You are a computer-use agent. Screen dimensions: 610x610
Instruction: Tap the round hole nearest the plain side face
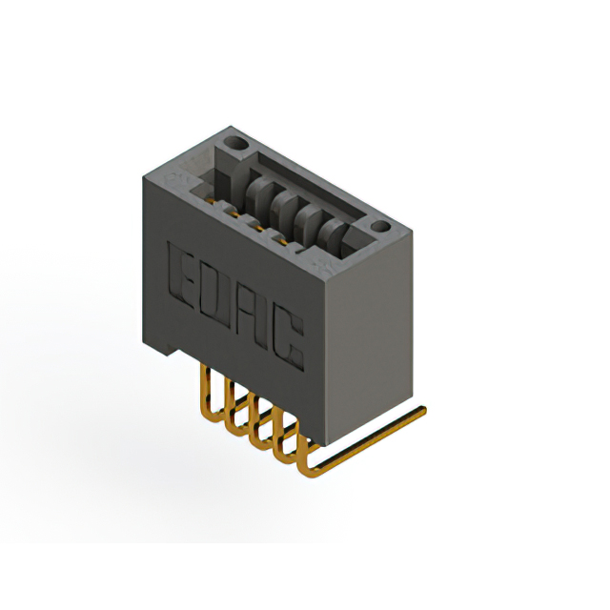tap(379, 228)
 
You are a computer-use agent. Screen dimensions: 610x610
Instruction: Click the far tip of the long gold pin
tap(420, 411)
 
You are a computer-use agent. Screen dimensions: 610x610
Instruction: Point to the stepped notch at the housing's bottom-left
tap(165, 349)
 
